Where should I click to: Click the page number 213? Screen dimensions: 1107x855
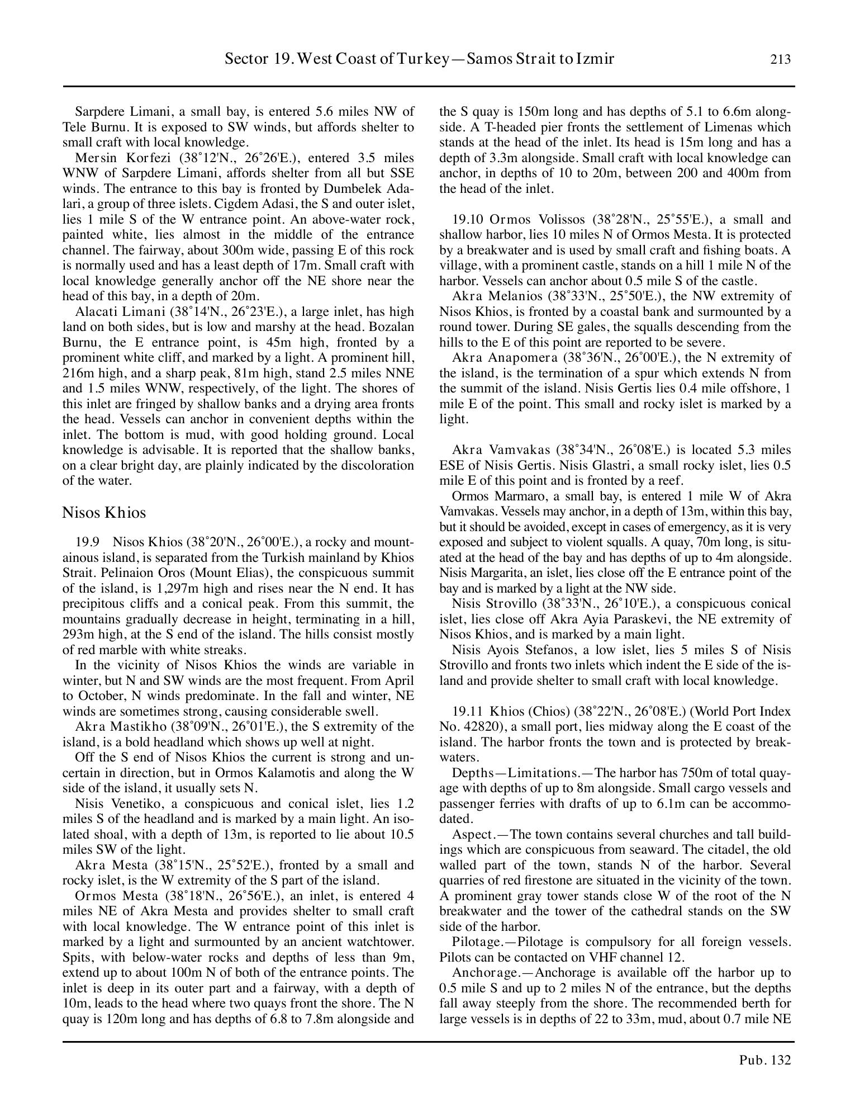(x=780, y=59)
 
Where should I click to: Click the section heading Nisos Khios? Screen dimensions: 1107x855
(x=104, y=513)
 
